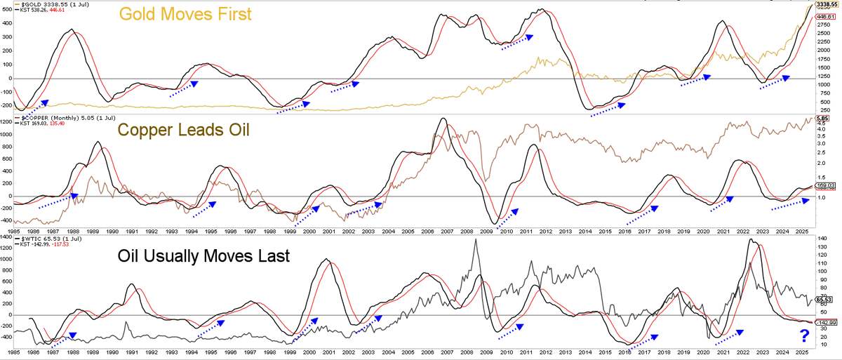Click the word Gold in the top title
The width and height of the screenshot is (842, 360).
click(x=138, y=15)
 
